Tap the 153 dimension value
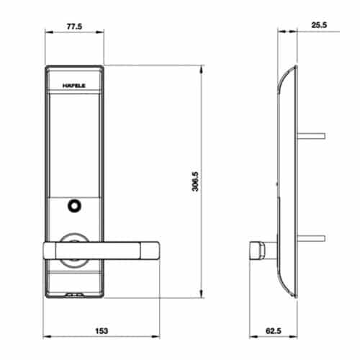tap(101, 332)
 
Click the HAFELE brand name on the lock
tap(74, 85)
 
